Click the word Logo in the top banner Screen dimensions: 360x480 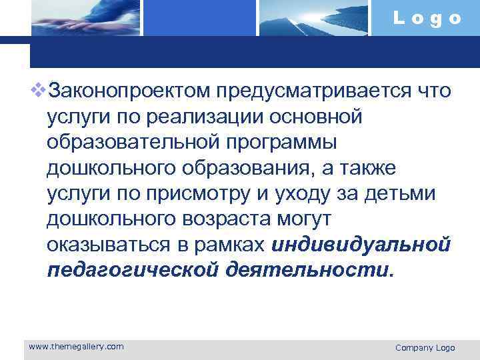pos(427,19)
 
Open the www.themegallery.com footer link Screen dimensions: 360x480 pos(77,347)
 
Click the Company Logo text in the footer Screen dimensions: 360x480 pos(425,348)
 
